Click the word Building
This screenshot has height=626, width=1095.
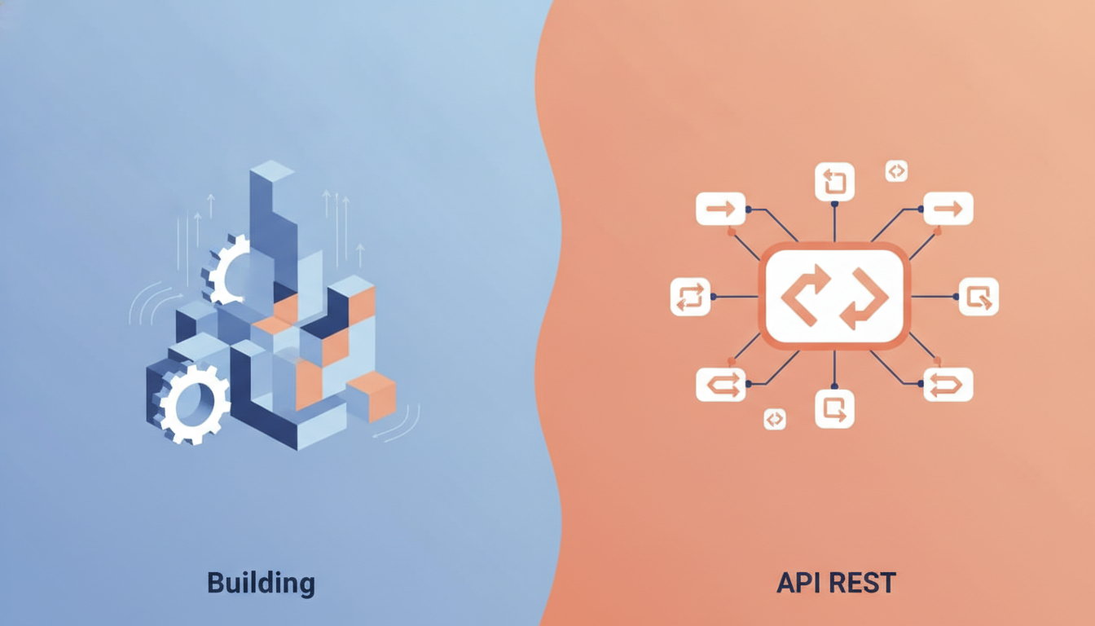[x=261, y=584]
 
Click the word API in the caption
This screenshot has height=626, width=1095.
[x=798, y=583]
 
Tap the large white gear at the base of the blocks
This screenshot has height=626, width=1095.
[x=192, y=404]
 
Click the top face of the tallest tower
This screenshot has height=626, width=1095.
[x=272, y=170]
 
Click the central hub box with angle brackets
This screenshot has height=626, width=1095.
[x=834, y=297]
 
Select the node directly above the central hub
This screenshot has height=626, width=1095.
[x=834, y=182]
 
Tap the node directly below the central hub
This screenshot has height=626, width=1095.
[x=834, y=409]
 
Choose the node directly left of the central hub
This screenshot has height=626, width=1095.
[x=690, y=297]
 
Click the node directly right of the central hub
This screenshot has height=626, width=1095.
[x=978, y=297]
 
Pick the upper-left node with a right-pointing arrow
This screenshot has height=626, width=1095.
[x=720, y=209]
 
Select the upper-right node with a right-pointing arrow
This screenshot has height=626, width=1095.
[x=948, y=209]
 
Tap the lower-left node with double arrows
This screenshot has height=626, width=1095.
[x=720, y=385]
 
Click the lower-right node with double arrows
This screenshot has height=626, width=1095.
[x=948, y=385]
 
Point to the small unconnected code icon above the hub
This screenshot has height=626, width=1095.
[x=896, y=171]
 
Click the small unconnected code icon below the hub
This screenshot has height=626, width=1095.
[x=775, y=419]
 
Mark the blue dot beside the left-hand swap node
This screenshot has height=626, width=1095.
[x=714, y=297]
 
